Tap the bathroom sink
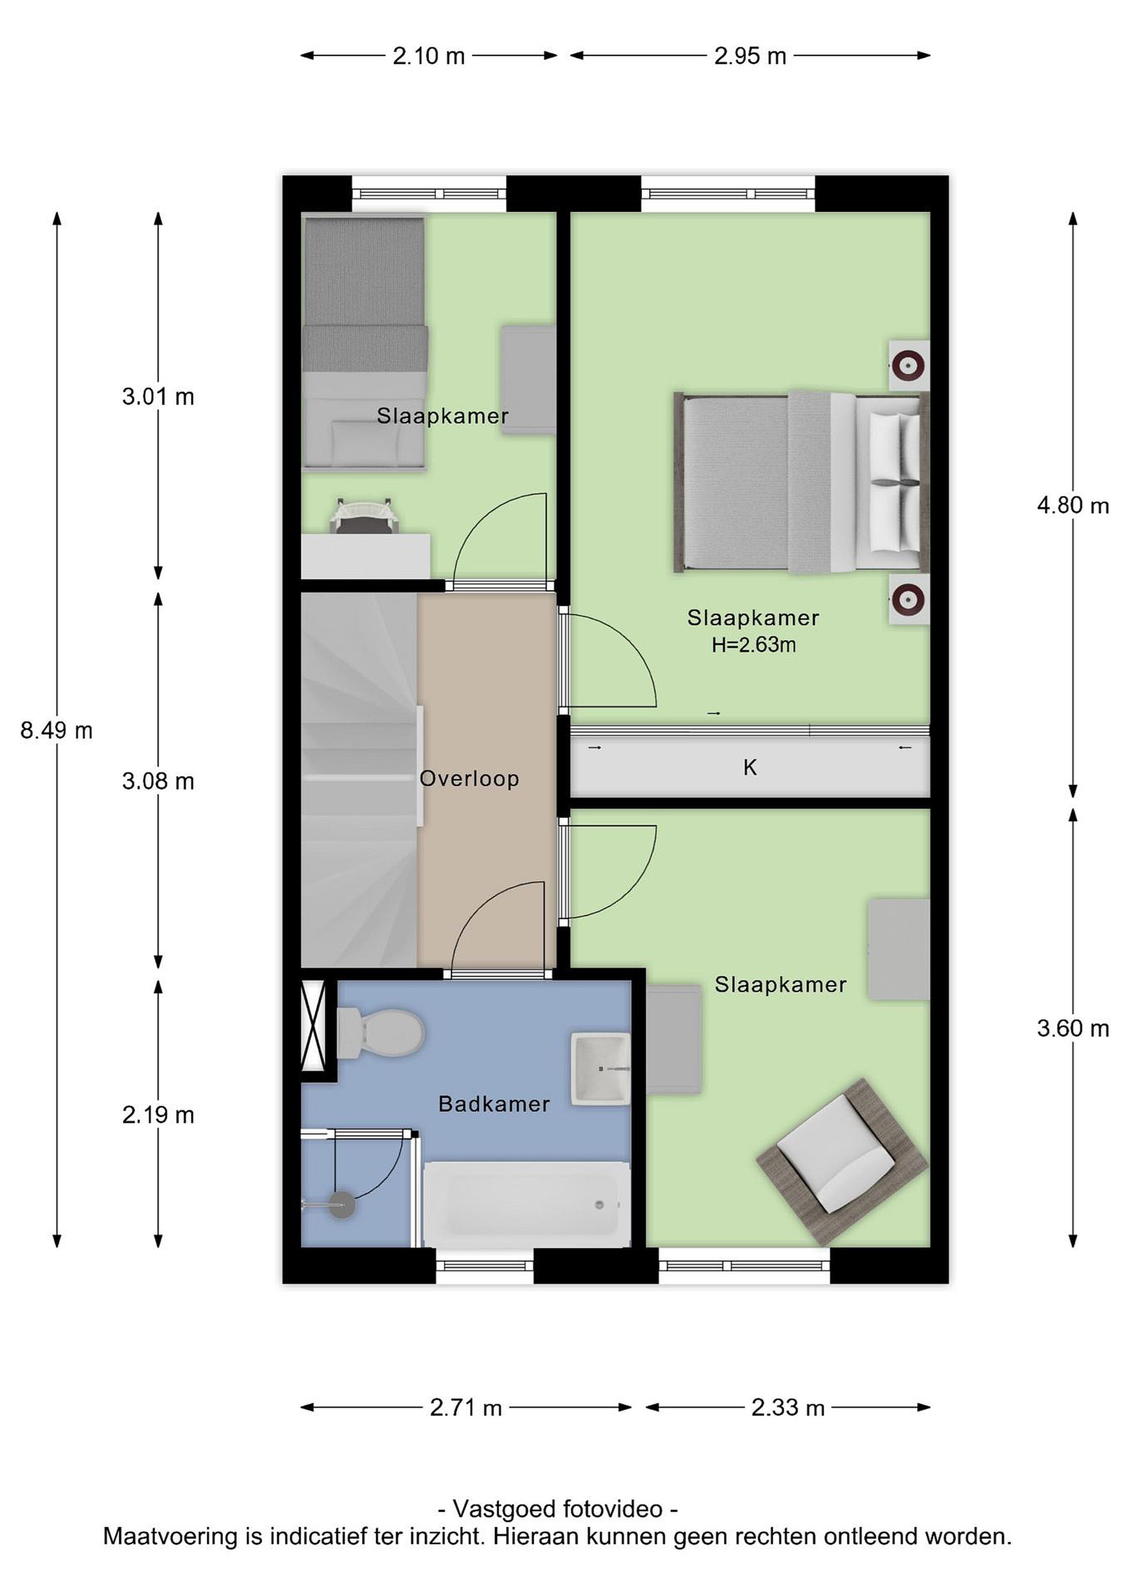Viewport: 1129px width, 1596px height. [x=601, y=1068]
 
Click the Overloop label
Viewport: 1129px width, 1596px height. [x=469, y=778]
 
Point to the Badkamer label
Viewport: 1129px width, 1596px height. [x=494, y=1103]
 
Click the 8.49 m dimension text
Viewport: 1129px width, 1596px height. [x=57, y=730]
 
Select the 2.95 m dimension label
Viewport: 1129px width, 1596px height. [x=750, y=55]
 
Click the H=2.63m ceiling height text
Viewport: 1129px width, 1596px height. [x=754, y=644]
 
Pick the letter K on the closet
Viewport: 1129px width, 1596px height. [x=750, y=768]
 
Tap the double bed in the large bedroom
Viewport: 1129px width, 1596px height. [x=801, y=483]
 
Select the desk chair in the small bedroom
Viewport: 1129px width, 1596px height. [x=364, y=515]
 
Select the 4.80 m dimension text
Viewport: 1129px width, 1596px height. [x=1072, y=505]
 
